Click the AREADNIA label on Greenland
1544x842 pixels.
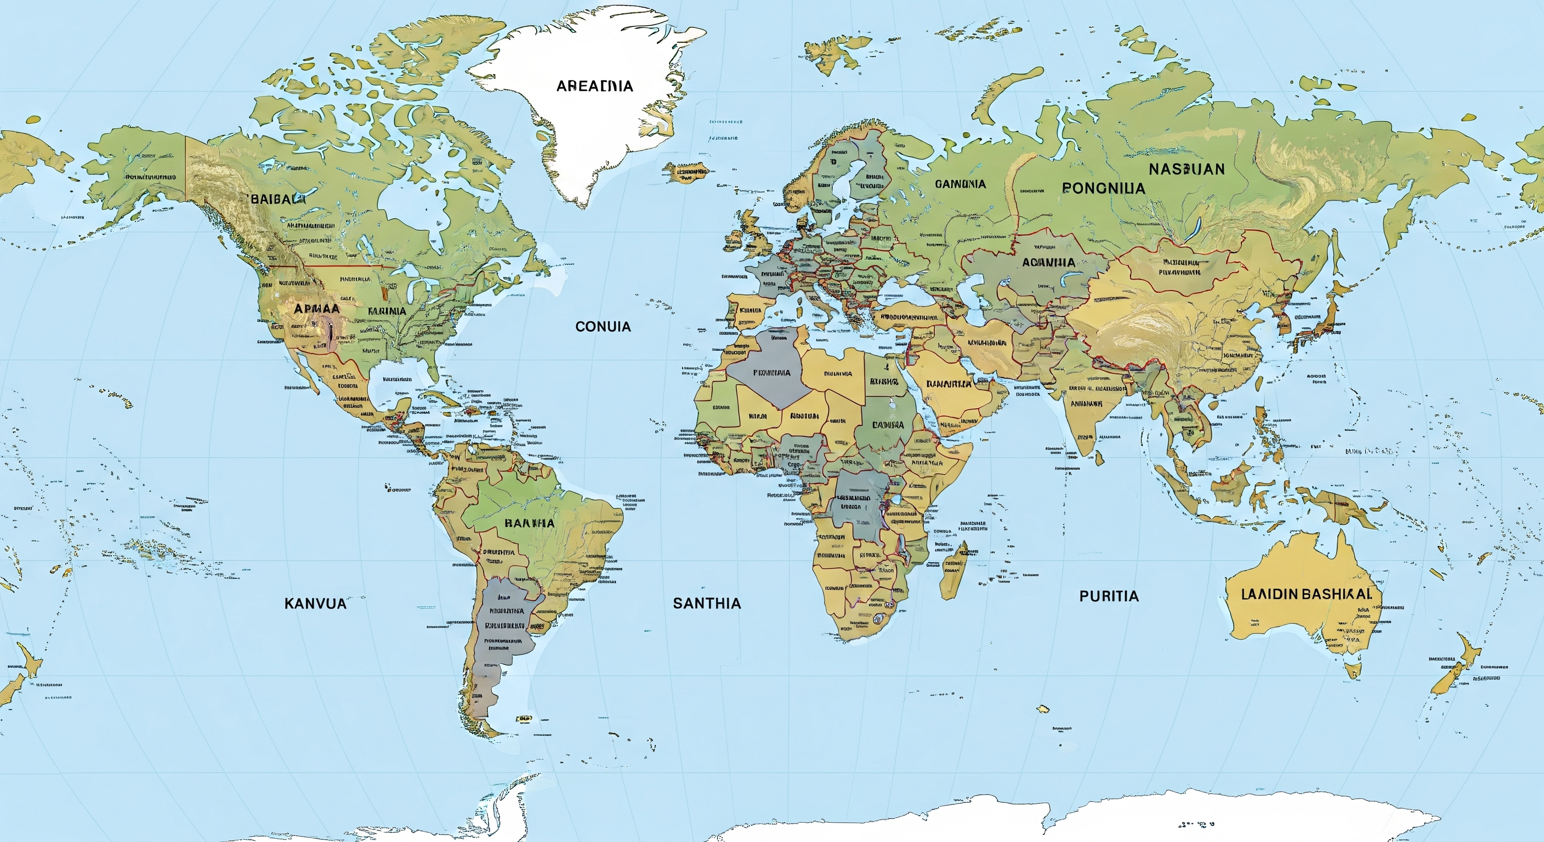pyautogui.click(x=594, y=86)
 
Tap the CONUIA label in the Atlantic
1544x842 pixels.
pyautogui.click(x=603, y=327)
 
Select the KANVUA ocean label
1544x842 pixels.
pyautogui.click(x=315, y=604)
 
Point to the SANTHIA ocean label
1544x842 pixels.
pyautogui.click(x=707, y=604)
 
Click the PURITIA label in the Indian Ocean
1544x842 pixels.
pyautogui.click(x=1108, y=596)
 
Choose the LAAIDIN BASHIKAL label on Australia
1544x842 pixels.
pyautogui.click(x=1305, y=594)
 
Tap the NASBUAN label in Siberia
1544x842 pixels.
pyautogui.click(x=1186, y=169)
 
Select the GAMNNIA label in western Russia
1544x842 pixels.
pyautogui.click(x=960, y=184)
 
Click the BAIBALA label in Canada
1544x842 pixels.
pyautogui.click(x=277, y=200)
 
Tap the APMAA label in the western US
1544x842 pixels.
pyautogui.click(x=316, y=309)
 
